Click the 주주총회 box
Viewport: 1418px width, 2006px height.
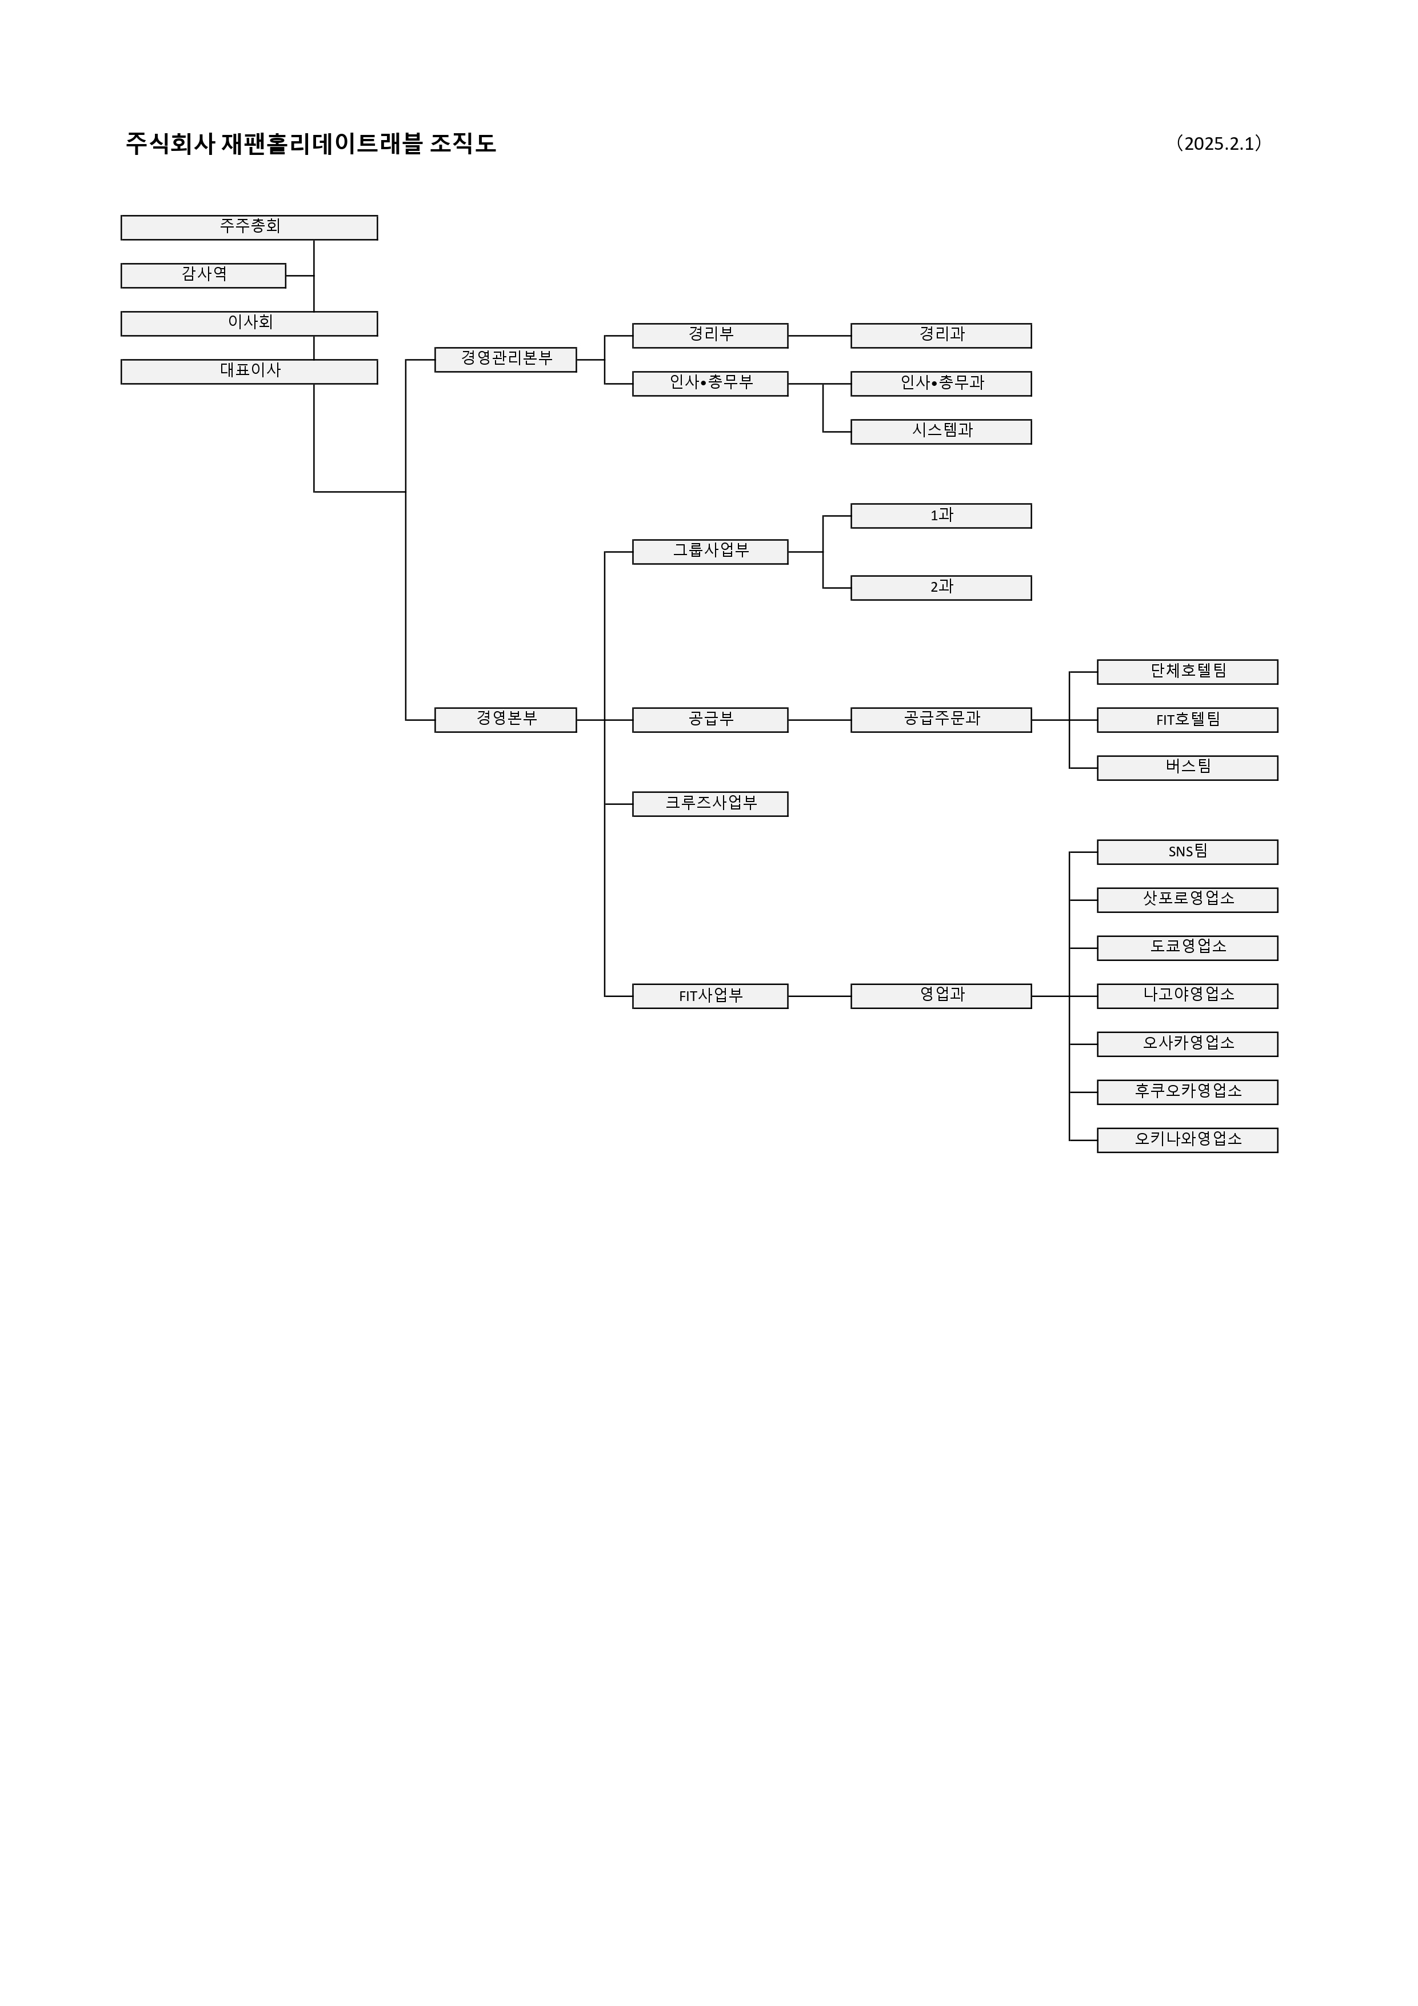(249, 227)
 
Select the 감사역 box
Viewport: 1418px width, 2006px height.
(203, 275)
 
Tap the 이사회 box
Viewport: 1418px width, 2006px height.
(249, 323)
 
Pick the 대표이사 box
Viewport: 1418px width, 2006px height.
(249, 372)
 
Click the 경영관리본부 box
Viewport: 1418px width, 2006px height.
(506, 359)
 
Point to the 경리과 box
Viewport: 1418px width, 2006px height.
(941, 336)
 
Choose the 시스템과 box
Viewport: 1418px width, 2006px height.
(941, 432)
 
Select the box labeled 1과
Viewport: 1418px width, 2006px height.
(941, 516)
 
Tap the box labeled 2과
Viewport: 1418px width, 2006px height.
(941, 587)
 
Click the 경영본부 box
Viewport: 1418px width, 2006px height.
(506, 720)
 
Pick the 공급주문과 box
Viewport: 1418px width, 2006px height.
(941, 720)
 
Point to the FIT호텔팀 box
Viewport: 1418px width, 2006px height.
(1187, 720)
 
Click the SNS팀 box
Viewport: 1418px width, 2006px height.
(1187, 852)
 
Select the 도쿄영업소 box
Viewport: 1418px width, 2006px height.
(1187, 948)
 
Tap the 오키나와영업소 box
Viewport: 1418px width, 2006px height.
(1187, 1140)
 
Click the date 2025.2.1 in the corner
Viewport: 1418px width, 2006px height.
(1221, 143)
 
